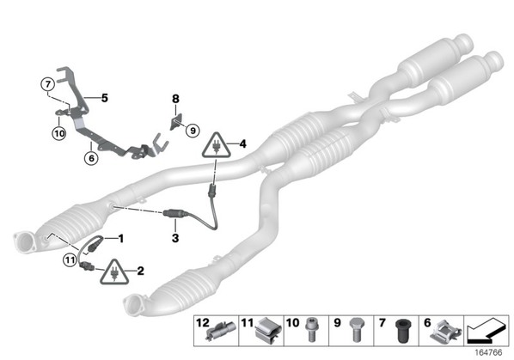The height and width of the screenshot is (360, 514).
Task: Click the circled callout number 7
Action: pyautogui.click(x=48, y=84)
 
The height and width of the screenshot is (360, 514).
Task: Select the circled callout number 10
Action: pyautogui.click(x=59, y=133)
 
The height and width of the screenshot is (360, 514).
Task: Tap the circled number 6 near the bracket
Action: pyautogui.click(x=91, y=158)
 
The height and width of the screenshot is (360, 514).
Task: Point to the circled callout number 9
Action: pyautogui.click(x=193, y=131)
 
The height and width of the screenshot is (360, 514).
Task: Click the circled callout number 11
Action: pyautogui.click(x=70, y=260)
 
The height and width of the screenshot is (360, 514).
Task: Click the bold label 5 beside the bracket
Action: pyautogui.click(x=105, y=98)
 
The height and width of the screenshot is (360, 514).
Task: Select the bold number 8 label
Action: pyautogui.click(x=175, y=98)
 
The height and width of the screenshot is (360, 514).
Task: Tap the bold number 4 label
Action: pyautogui.click(x=242, y=143)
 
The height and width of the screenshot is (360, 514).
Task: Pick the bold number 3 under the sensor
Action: pyautogui.click(x=175, y=238)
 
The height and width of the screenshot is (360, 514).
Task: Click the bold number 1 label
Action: pyautogui.click(x=121, y=239)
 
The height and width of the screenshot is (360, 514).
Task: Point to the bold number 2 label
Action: pyautogui.click(x=140, y=271)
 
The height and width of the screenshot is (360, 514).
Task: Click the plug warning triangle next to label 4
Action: pyautogui.click(x=216, y=145)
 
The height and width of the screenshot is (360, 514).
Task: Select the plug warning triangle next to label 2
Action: pyautogui.click(x=114, y=272)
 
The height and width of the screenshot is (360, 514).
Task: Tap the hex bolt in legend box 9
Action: pyautogui.click(x=356, y=330)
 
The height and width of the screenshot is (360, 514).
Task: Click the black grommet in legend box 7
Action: pyautogui.click(x=401, y=331)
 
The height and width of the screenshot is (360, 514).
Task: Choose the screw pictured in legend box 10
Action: pyautogui.click(x=311, y=330)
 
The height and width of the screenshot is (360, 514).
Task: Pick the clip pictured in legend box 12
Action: pyautogui.click(x=221, y=331)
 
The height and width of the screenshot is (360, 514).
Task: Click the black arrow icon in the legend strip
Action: pyautogui.click(x=486, y=331)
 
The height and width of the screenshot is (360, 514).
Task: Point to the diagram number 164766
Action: pyautogui.click(x=488, y=352)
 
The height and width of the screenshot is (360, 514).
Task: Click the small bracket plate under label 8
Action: pyautogui.click(x=177, y=121)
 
